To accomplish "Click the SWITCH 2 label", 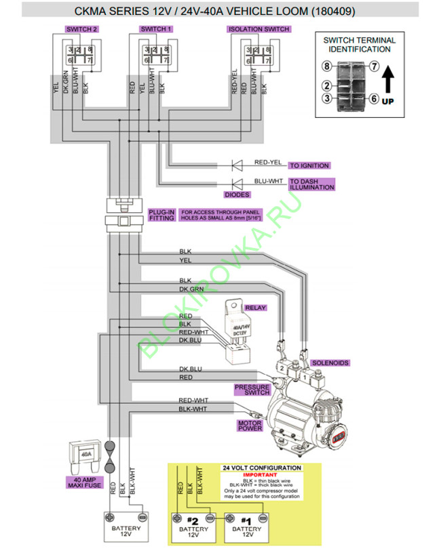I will (x=81, y=30).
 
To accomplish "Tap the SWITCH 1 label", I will (x=155, y=30).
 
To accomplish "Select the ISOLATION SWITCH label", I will (x=259, y=30).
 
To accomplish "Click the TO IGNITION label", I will (x=309, y=165).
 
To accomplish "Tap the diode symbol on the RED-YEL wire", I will (x=237, y=165).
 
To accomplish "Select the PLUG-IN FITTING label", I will (x=161, y=215).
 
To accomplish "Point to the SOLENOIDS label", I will (x=330, y=363).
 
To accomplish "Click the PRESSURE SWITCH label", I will (x=252, y=389).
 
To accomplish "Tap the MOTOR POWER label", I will (x=249, y=426).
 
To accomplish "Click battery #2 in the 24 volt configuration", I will (x=193, y=527).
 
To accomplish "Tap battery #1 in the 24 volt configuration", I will (x=246, y=527).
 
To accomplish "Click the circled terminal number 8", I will (x=326, y=66).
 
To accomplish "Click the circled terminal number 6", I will (x=373, y=98).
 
